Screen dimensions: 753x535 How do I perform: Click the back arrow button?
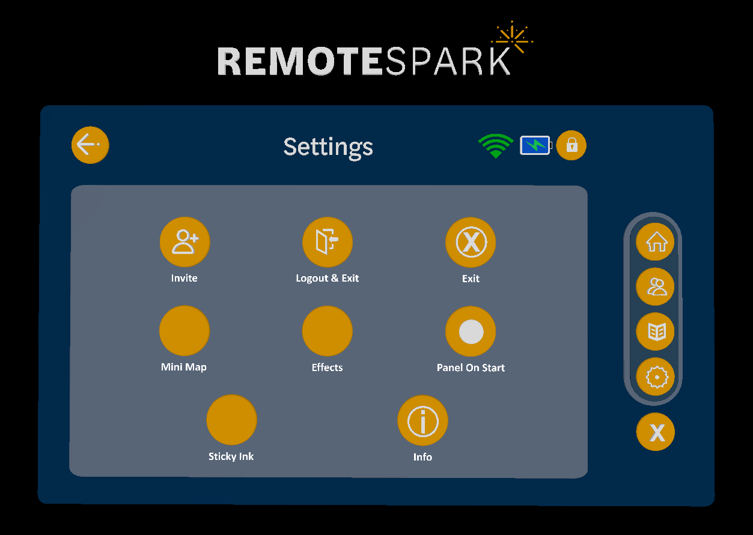(90, 145)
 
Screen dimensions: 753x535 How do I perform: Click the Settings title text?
(328, 147)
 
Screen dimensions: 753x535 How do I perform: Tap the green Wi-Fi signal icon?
(495, 146)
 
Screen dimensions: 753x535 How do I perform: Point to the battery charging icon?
(535, 145)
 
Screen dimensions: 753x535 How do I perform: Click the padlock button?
(571, 145)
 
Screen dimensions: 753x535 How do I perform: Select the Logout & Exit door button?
(328, 242)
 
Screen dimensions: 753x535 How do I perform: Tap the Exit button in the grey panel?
(471, 242)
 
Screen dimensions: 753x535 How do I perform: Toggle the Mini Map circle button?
(184, 331)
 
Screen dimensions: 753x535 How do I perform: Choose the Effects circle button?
(328, 331)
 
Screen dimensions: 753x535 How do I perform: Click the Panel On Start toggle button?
(471, 331)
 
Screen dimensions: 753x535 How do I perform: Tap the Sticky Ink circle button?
(231, 420)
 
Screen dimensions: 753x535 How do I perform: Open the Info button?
(422, 420)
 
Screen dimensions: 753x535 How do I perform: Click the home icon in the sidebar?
(656, 242)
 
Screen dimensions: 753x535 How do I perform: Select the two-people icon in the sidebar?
(656, 287)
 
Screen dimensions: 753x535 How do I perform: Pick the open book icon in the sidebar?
(656, 331)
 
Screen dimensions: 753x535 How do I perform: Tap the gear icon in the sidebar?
(656, 377)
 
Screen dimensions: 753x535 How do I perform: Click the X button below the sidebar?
(656, 432)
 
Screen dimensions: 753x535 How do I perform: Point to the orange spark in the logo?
(513, 40)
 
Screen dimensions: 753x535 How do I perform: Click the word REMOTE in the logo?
(299, 61)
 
